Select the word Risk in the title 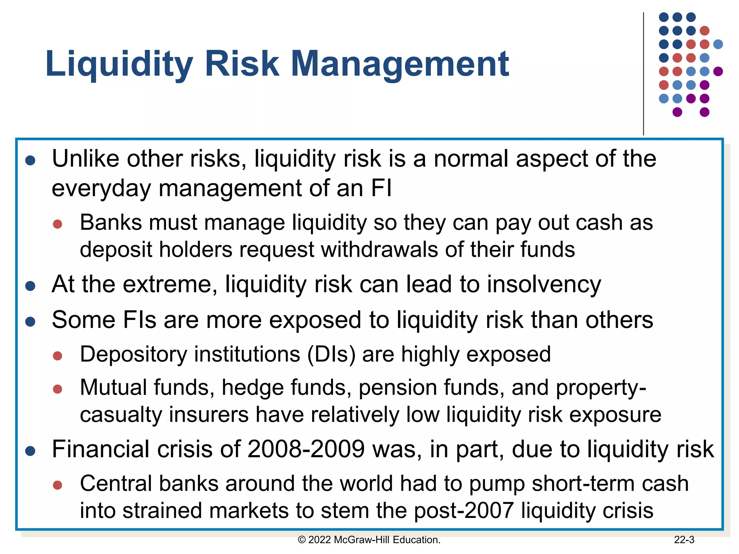242,64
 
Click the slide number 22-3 684,540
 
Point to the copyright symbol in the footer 302,540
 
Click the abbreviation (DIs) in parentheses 331,354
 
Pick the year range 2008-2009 306,449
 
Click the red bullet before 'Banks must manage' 57,224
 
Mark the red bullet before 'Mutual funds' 57,389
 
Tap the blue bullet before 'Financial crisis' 30,451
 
